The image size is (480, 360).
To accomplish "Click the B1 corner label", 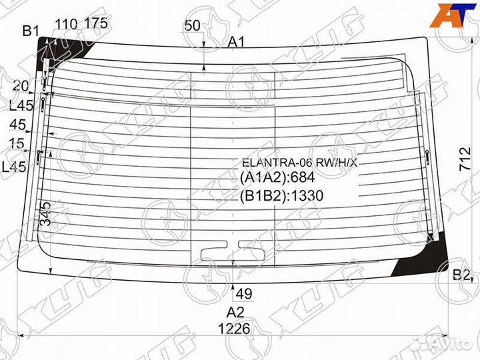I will click(31, 29).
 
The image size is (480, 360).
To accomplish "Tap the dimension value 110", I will click(65, 25).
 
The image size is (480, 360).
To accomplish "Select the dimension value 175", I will click(96, 25).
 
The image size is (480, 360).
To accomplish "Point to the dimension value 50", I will click(193, 26).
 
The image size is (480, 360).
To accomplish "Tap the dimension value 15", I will click(17, 143).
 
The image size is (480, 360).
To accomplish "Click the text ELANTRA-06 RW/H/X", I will click(299, 162).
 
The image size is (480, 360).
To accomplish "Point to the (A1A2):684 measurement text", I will click(277, 177).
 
